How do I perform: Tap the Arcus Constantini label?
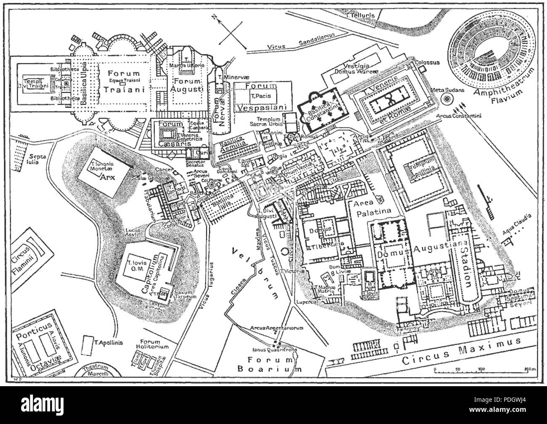pyautogui.click(x=465, y=116)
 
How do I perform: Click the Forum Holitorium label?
pyautogui.click(x=155, y=344)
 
